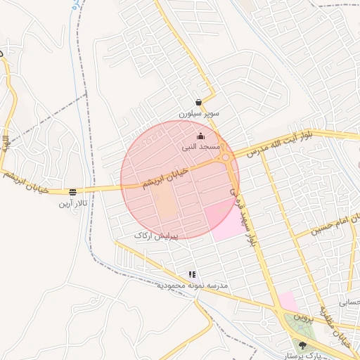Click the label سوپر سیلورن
[x=198, y=112]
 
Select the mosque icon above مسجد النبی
[x=200, y=136]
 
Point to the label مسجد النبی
[x=201, y=146]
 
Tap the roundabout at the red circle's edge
[x=226, y=158]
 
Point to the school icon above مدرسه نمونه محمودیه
[x=191, y=275]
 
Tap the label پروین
[x=301, y=317]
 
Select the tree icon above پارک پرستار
[x=302, y=345]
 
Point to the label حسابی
[x=349, y=303]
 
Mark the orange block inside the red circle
[x=167, y=203]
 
